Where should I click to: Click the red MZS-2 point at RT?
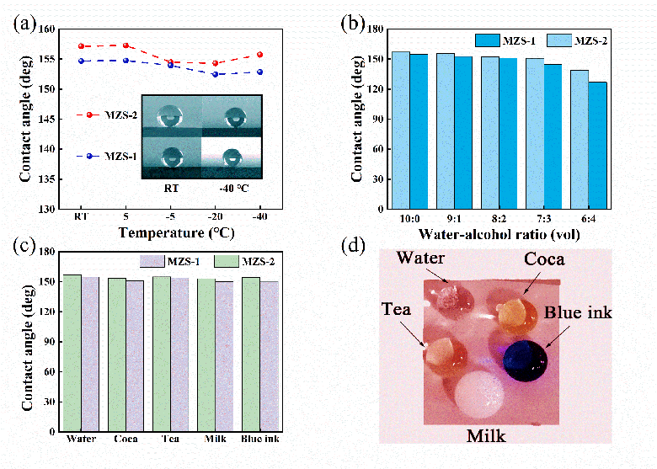[82, 46]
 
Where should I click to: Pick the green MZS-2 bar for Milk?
[206, 354]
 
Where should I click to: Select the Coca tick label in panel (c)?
[127, 439]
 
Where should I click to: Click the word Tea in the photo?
[395, 310]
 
